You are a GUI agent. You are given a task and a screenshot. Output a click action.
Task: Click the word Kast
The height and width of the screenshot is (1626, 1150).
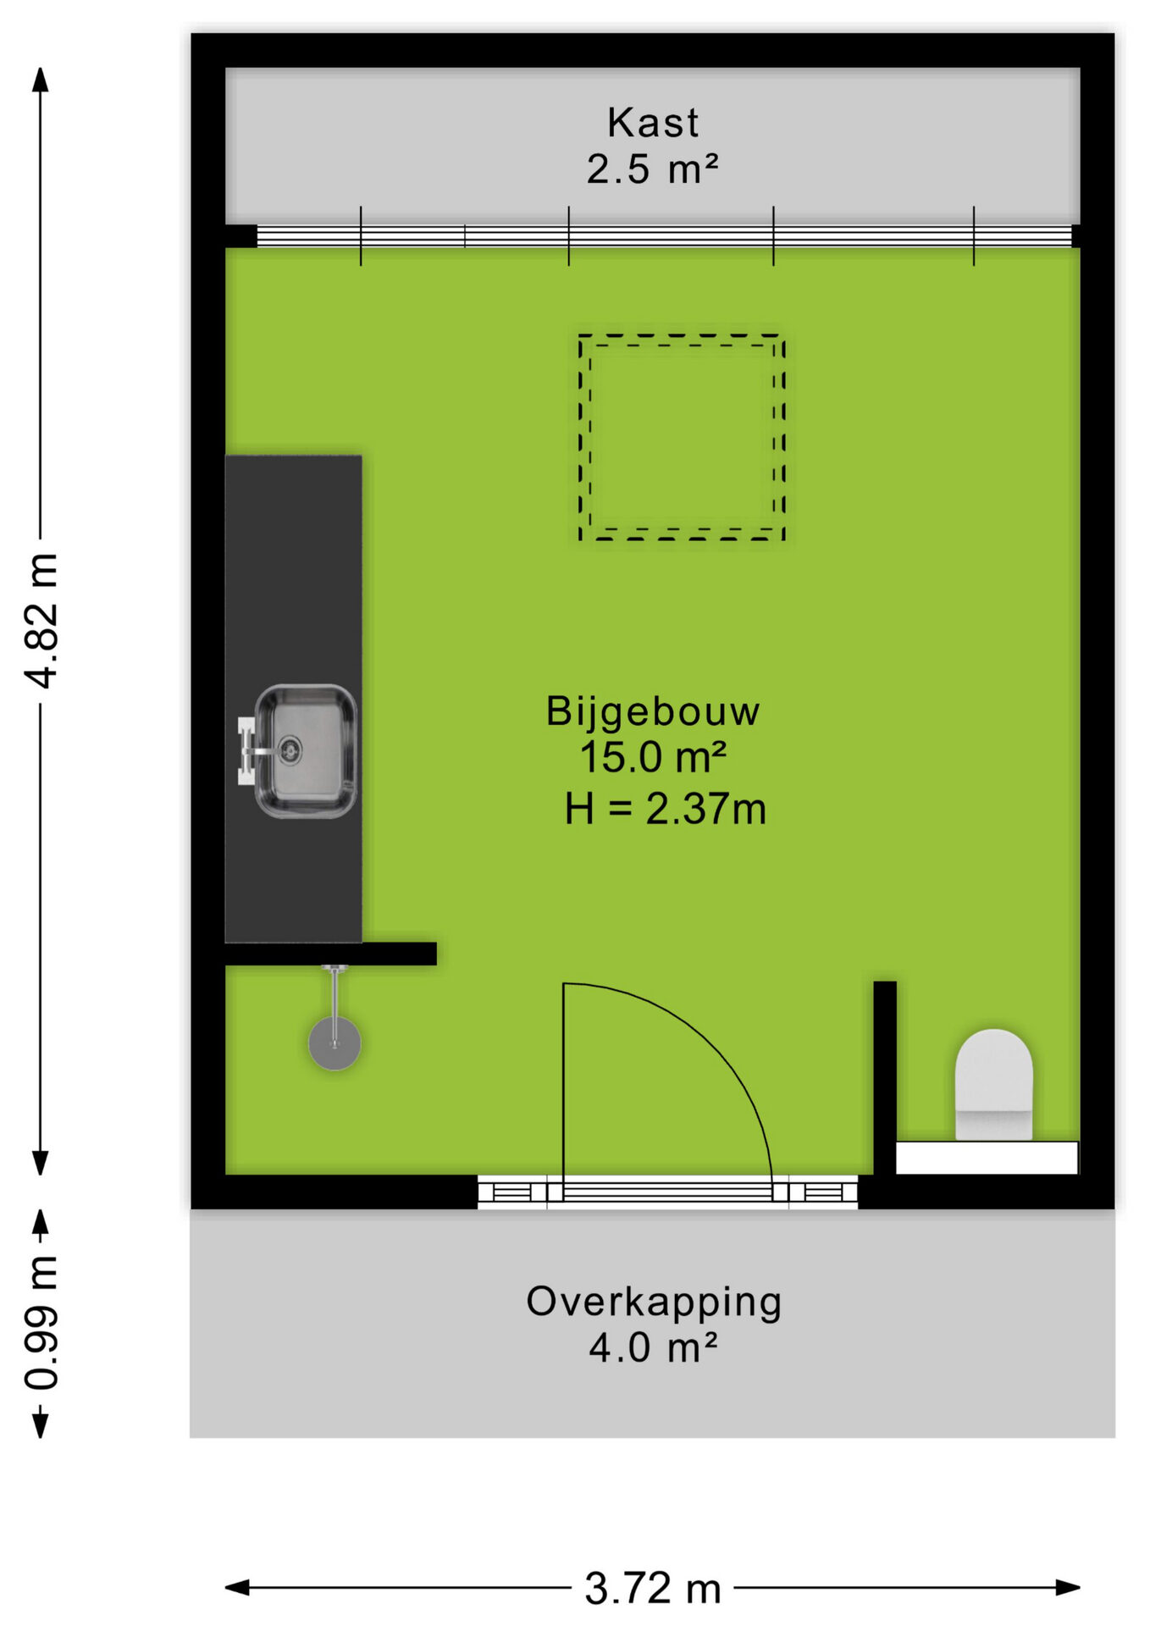(x=653, y=123)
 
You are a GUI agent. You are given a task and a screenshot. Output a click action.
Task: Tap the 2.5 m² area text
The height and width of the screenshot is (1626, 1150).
(x=652, y=169)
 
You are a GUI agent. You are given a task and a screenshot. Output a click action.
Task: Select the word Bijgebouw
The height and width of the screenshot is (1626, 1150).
(x=653, y=711)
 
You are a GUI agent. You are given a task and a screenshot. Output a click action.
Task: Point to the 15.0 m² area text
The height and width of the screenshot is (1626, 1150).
(x=653, y=757)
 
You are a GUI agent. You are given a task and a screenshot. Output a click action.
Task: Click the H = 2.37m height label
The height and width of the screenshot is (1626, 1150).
(x=666, y=809)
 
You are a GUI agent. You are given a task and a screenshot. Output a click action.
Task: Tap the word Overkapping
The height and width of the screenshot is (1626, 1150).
(x=654, y=1302)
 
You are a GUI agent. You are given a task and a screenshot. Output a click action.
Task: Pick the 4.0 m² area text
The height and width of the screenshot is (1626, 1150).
(x=653, y=1347)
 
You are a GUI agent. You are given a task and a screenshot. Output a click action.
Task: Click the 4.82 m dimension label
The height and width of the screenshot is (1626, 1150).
(x=41, y=620)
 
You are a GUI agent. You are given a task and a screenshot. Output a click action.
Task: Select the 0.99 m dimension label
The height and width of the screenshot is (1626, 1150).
(x=41, y=1323)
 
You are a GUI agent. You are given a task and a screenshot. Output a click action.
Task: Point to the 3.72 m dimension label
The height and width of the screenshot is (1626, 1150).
(x=653, y=1589)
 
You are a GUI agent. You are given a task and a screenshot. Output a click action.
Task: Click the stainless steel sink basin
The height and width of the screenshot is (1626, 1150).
(x=306, y=751)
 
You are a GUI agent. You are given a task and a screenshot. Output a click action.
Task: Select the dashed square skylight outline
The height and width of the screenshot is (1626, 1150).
(x=682, y=336)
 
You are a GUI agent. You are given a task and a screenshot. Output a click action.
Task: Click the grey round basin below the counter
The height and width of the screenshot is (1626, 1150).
(x=334, y=1044)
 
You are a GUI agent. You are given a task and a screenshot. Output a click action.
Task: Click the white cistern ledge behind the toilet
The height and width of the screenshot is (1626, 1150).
(x=987, y=1158)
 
